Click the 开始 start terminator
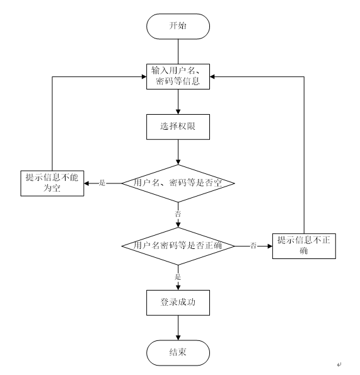click(x=178, y=26)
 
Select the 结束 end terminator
click(x=178, y=353)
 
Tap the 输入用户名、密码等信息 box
click(x=178, y=76)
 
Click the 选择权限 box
click(x=178, y=127)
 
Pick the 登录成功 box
click(x=178, y=303)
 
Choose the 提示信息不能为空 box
click(x=52, y=183)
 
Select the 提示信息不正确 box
click(x=304, y=246)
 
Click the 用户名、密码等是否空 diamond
click(x=178, y=183)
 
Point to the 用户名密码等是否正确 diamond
click(x=178, y=246)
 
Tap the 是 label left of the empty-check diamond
click(x=102, y=183)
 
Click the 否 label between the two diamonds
click(x=178, y=214)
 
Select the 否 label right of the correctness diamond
click(x=253, y=246)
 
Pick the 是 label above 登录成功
click(x=178, y=277)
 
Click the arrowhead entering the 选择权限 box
click(x=178, y=112)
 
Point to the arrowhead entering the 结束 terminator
click(x=178, y=338)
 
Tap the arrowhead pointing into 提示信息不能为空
click(x=86, y=183)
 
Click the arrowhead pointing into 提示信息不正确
click(x=270, y=246)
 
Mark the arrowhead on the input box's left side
click(x=144, y=76)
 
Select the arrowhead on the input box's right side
click(x=212, y=76)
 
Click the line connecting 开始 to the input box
click(x=178, y=52)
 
